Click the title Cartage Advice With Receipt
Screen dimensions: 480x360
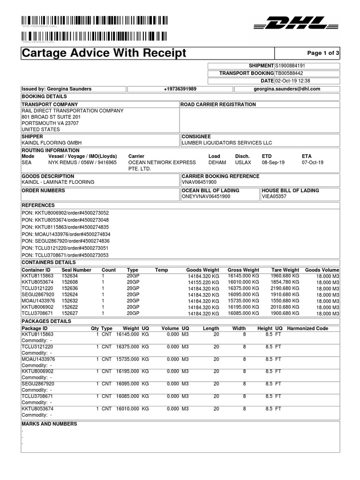(104, 53)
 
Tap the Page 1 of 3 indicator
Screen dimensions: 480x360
(322, 53)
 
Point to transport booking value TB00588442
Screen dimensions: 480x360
(289, 74)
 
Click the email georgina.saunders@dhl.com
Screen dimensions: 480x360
(287, 89)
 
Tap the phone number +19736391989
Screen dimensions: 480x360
(180, 89)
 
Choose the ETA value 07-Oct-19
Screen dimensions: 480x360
(313, 163)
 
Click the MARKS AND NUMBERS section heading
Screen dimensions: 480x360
(49, 424)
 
